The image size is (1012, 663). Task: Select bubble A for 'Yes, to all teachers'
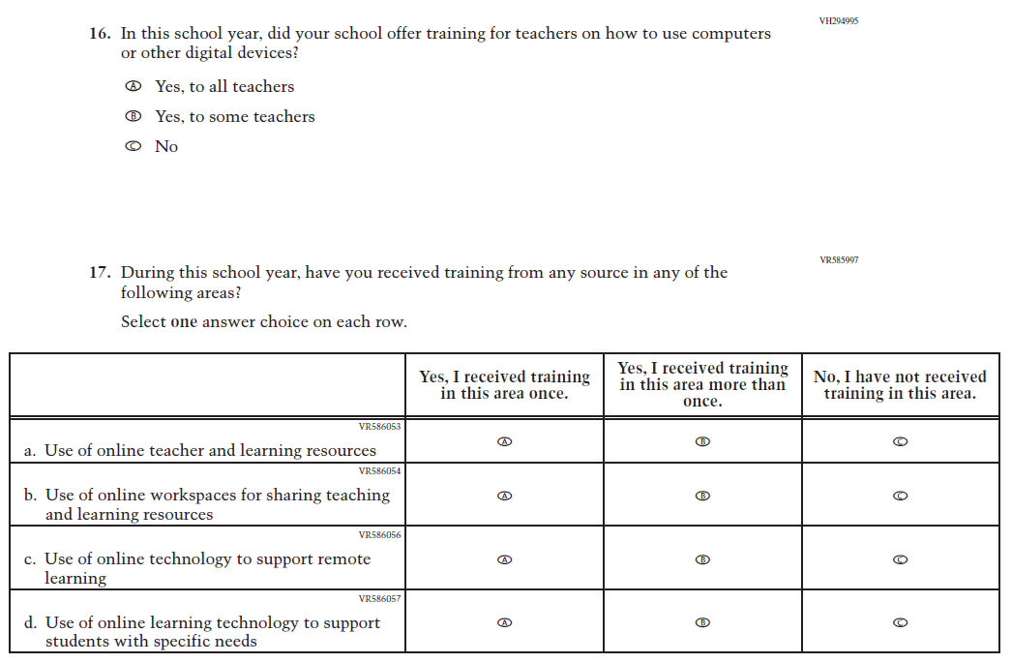[134, 86]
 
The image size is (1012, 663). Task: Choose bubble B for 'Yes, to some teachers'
[134, 116]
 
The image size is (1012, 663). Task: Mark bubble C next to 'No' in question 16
[134, 146]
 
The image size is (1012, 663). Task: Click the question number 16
[100, 34]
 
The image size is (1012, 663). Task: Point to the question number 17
[100, 273]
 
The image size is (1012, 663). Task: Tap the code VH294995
[838, 20]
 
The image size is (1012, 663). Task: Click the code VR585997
[838, 259]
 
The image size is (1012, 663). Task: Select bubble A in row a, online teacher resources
[504, 441]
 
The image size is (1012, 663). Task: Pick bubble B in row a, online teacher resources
[703, 441]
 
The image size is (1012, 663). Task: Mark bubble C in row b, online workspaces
[901, 496]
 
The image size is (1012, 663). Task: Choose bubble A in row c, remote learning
[504, 559]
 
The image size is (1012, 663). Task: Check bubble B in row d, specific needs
[703, 623]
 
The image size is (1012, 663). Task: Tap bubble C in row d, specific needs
[901, 623]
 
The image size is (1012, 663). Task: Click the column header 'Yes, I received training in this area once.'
[504, 385]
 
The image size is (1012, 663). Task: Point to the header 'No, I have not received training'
[900, 385]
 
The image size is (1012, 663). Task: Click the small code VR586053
[379, 426]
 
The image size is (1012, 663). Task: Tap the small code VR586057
[379, 598]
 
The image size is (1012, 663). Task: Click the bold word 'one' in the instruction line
[184, 322]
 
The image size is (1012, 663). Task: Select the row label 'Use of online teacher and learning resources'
[210, 451]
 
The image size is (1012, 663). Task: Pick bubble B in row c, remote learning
[703, 559]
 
